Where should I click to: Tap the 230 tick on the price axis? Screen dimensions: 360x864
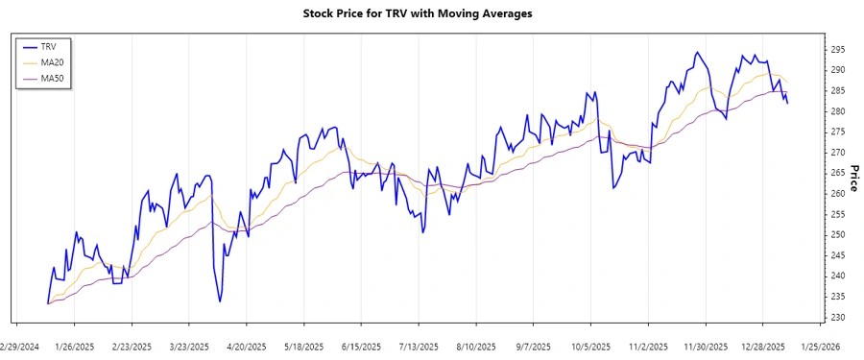(838, 317)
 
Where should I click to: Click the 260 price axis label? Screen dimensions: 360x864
(838, 194)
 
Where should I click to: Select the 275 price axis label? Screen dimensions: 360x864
(838, 132)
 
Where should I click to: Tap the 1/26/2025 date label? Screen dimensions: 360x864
(75, 347)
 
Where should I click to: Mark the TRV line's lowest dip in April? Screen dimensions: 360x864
(220, 301)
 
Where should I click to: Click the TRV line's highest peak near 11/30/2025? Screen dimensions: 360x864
(697, 52)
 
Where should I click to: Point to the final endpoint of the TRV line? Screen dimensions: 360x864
(788, 103)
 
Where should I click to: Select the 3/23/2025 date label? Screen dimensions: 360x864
(189, 347)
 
